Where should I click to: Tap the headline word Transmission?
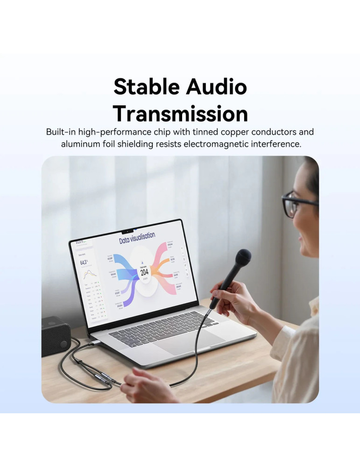180,113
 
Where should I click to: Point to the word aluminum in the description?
79,144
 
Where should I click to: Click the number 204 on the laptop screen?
144,272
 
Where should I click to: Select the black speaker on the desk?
55,335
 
